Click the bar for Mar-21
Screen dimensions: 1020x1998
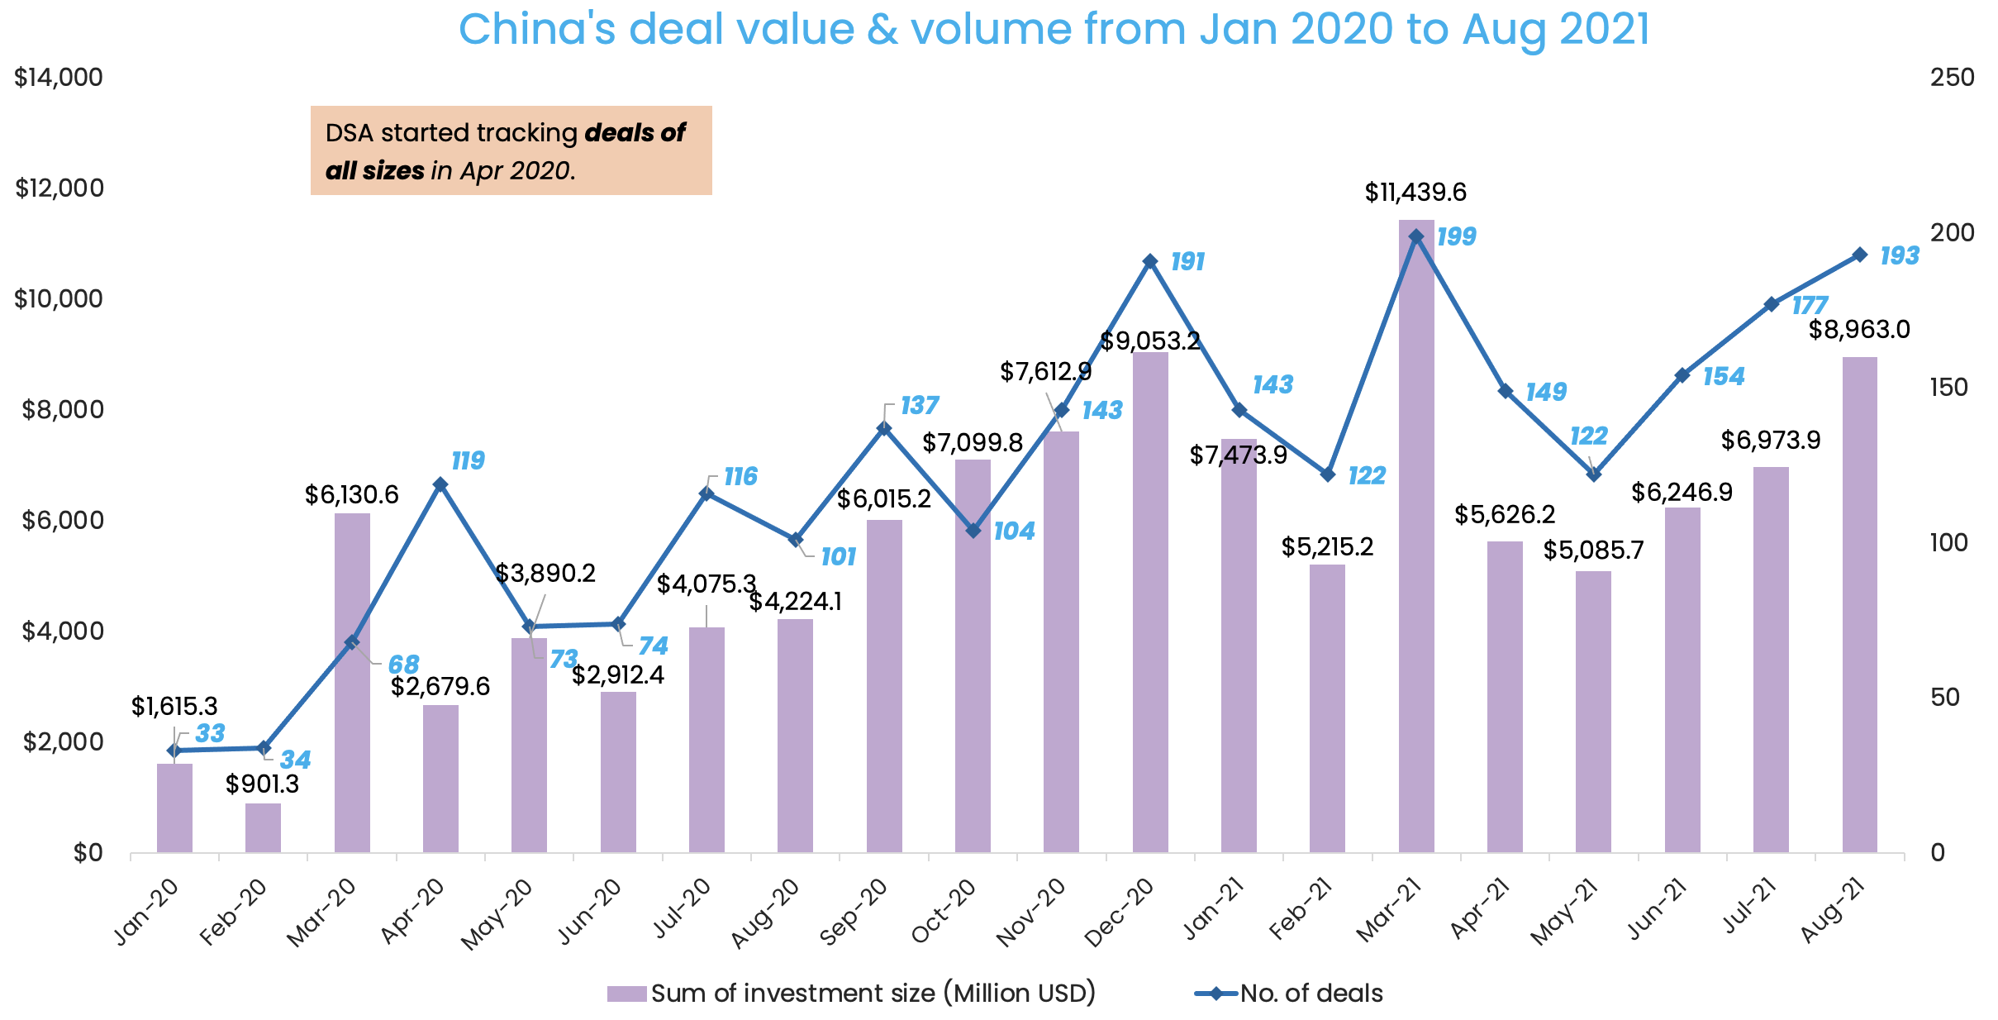point(1415,537)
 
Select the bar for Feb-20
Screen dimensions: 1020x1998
point(263,827)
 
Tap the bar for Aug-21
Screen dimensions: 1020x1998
point(1859,604)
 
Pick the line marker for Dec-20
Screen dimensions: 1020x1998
point(1149,261)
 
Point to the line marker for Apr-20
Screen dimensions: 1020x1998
point(440,484)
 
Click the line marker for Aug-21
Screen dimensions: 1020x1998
point(1859,255)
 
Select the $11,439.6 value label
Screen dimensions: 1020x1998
point(1415,193)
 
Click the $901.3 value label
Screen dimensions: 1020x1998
point(262,784)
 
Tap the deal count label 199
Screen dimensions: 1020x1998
point(1456,237)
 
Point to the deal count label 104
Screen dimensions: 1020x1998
point(1014,531)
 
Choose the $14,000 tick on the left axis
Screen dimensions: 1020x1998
point(59,78)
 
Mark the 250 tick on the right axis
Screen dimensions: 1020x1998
point(1952,78)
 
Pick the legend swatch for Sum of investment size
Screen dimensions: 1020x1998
point(626,994)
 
